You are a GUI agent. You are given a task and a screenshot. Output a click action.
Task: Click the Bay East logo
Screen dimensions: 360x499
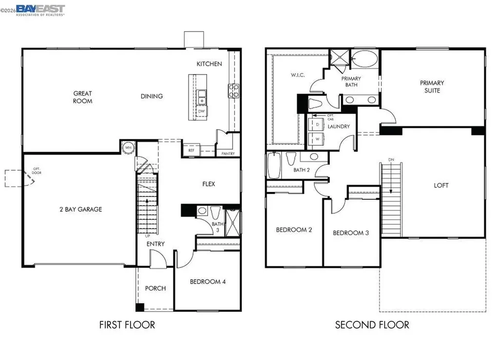click(x=40, y=10)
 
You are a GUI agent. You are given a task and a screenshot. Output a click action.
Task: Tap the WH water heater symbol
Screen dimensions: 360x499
click(x=128, y=148)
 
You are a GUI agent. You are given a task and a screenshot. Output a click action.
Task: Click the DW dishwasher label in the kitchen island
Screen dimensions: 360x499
click(x=201, y=111)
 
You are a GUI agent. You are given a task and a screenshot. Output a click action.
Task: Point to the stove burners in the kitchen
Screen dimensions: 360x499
click(x=234, y=91)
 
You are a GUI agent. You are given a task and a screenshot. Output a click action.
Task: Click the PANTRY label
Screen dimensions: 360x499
click(x=228, y=154)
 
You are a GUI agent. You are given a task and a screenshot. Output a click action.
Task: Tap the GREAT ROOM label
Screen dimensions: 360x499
click(x=82, y=97)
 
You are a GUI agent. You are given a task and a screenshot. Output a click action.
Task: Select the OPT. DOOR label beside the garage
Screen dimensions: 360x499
click(x=37, y=171)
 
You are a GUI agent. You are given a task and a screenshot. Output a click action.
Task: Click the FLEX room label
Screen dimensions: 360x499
click(x=209, y=184)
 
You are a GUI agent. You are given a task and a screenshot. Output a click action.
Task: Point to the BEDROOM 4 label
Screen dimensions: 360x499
click(x=208, y=282)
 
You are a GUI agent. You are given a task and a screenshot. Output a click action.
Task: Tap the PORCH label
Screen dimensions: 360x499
click(x=155, y=288)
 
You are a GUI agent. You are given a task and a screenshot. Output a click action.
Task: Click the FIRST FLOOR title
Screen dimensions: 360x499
click(x=127, y=324)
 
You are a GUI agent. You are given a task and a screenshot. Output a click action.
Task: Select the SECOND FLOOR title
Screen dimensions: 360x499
click(x=372, y=324)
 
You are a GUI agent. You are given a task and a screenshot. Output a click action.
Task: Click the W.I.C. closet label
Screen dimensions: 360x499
click(x=298, y=75)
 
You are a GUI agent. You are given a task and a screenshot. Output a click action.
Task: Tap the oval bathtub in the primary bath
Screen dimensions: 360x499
click(x=366, y=59)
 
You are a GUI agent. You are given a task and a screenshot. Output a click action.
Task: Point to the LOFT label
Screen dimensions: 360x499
click(x=441, y=185)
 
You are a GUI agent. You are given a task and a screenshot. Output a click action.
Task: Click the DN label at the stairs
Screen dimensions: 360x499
click(x=391, y=160)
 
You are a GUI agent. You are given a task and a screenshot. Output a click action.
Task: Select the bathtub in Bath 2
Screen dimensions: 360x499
click(x=273, y=166)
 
